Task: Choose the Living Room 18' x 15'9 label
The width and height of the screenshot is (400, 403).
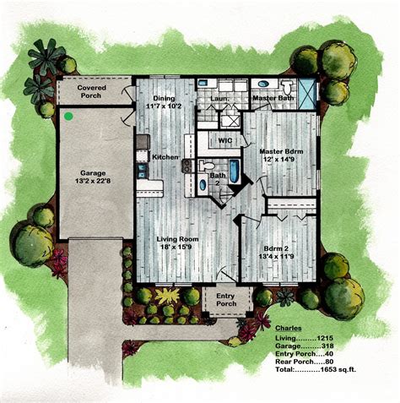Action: coord(177,244)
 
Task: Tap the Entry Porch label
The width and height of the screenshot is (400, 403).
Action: coord(224,299)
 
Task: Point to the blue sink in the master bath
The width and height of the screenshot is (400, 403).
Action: coord(262,85)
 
